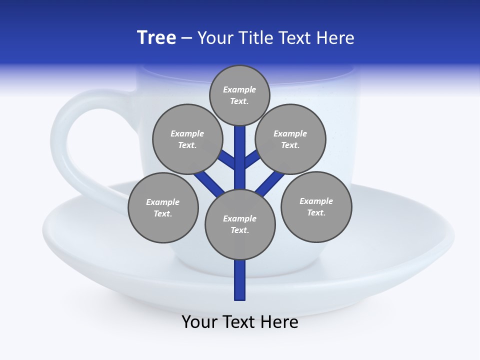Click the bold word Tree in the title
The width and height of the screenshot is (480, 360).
tap(156, 38)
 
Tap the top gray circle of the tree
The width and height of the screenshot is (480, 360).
tap(239, 95)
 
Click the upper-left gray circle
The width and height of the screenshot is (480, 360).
tap(187, 139)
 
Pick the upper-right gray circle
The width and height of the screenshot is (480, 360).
tap(290, 139)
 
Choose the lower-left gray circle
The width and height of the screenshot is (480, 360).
tap(163, 207)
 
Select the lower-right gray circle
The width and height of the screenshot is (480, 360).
tap(316, 206)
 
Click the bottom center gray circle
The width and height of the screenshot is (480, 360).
tap(240, 224)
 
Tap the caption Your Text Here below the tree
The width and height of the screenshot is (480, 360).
tap(240, 322)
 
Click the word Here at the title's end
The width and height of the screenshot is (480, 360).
tap(337, 38)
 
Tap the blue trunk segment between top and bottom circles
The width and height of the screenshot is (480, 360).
tap(240, 160)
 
